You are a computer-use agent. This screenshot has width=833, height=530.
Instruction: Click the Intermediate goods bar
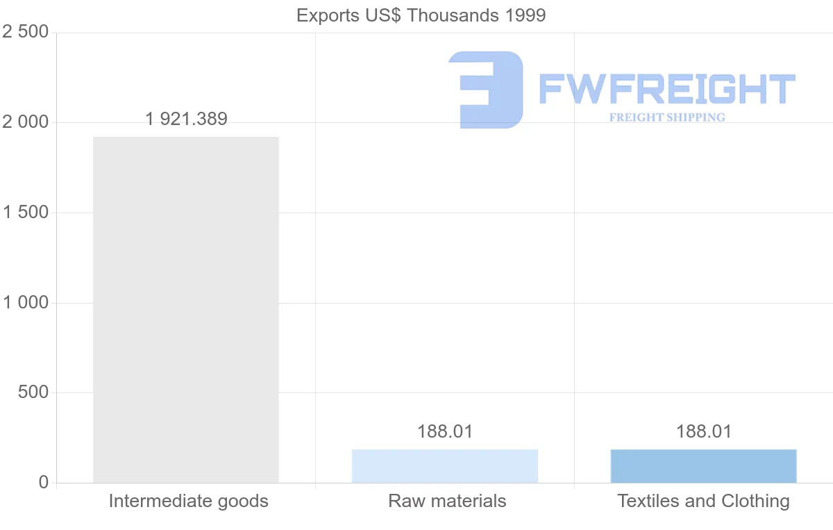point(186,309)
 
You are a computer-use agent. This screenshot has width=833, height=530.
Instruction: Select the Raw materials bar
point(445,466)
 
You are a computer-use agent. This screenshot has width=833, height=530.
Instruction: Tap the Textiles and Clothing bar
point(703,466)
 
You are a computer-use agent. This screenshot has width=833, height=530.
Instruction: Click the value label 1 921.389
point(187,119)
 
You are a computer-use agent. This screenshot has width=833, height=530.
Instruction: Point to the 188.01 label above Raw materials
point(445,431)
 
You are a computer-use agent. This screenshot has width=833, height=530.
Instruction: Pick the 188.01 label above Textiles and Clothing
point(704,431)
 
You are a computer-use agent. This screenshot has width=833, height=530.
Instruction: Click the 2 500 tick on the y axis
point(26,33)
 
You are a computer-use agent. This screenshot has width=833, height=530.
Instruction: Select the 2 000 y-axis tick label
point(26,122)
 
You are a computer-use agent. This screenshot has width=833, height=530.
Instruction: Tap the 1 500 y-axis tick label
point(26,213)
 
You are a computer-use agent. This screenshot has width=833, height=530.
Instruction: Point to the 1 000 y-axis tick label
point(26,303)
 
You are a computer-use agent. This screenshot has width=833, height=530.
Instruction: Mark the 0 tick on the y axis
point(44,483)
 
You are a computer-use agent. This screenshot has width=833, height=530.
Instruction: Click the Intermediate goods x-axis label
point(188,501)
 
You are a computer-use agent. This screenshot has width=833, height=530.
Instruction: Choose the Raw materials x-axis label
point(447,501)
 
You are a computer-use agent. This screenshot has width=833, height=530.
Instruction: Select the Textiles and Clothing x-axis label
point(703,501)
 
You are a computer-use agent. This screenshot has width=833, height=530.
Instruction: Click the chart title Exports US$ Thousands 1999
point(421,15)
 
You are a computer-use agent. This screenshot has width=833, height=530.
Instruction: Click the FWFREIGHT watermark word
point(666,89)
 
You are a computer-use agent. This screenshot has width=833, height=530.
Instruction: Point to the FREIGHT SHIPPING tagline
point(667,117)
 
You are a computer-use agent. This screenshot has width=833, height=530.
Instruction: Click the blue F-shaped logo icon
point(486,90)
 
